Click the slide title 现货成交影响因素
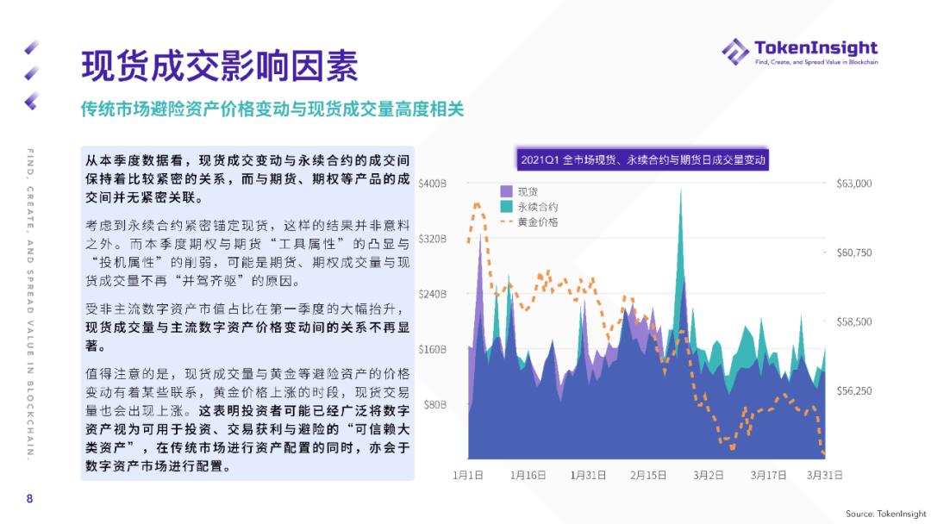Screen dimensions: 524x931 point(219,67)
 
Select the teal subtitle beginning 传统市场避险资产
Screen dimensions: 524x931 point(272,109)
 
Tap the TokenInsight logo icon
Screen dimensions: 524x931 point(734,51)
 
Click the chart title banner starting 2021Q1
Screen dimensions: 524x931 point(644,159)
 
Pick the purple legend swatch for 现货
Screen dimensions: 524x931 point(507,191)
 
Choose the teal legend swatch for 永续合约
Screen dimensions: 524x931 point(507,207)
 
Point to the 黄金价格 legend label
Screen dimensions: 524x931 point(538,222)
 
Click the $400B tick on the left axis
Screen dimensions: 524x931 point(431,184)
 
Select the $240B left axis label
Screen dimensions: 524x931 point(431,294)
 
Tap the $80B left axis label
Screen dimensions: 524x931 point(434,404)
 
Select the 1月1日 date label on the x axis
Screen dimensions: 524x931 point(468,475)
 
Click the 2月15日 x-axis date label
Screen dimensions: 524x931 point(648,475)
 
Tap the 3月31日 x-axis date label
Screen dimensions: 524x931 point(824,475)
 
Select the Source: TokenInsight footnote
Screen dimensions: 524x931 point(885,514)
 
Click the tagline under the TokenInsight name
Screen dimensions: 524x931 point(815,63)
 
